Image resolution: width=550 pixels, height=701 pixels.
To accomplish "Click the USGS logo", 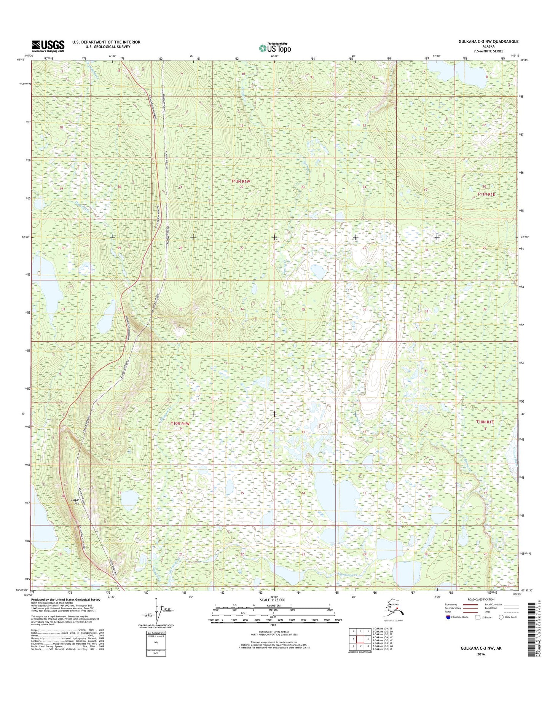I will [48, 46].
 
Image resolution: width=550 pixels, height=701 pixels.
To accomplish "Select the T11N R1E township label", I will [486, 194].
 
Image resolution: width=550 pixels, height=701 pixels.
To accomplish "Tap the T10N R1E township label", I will [485, 422].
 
